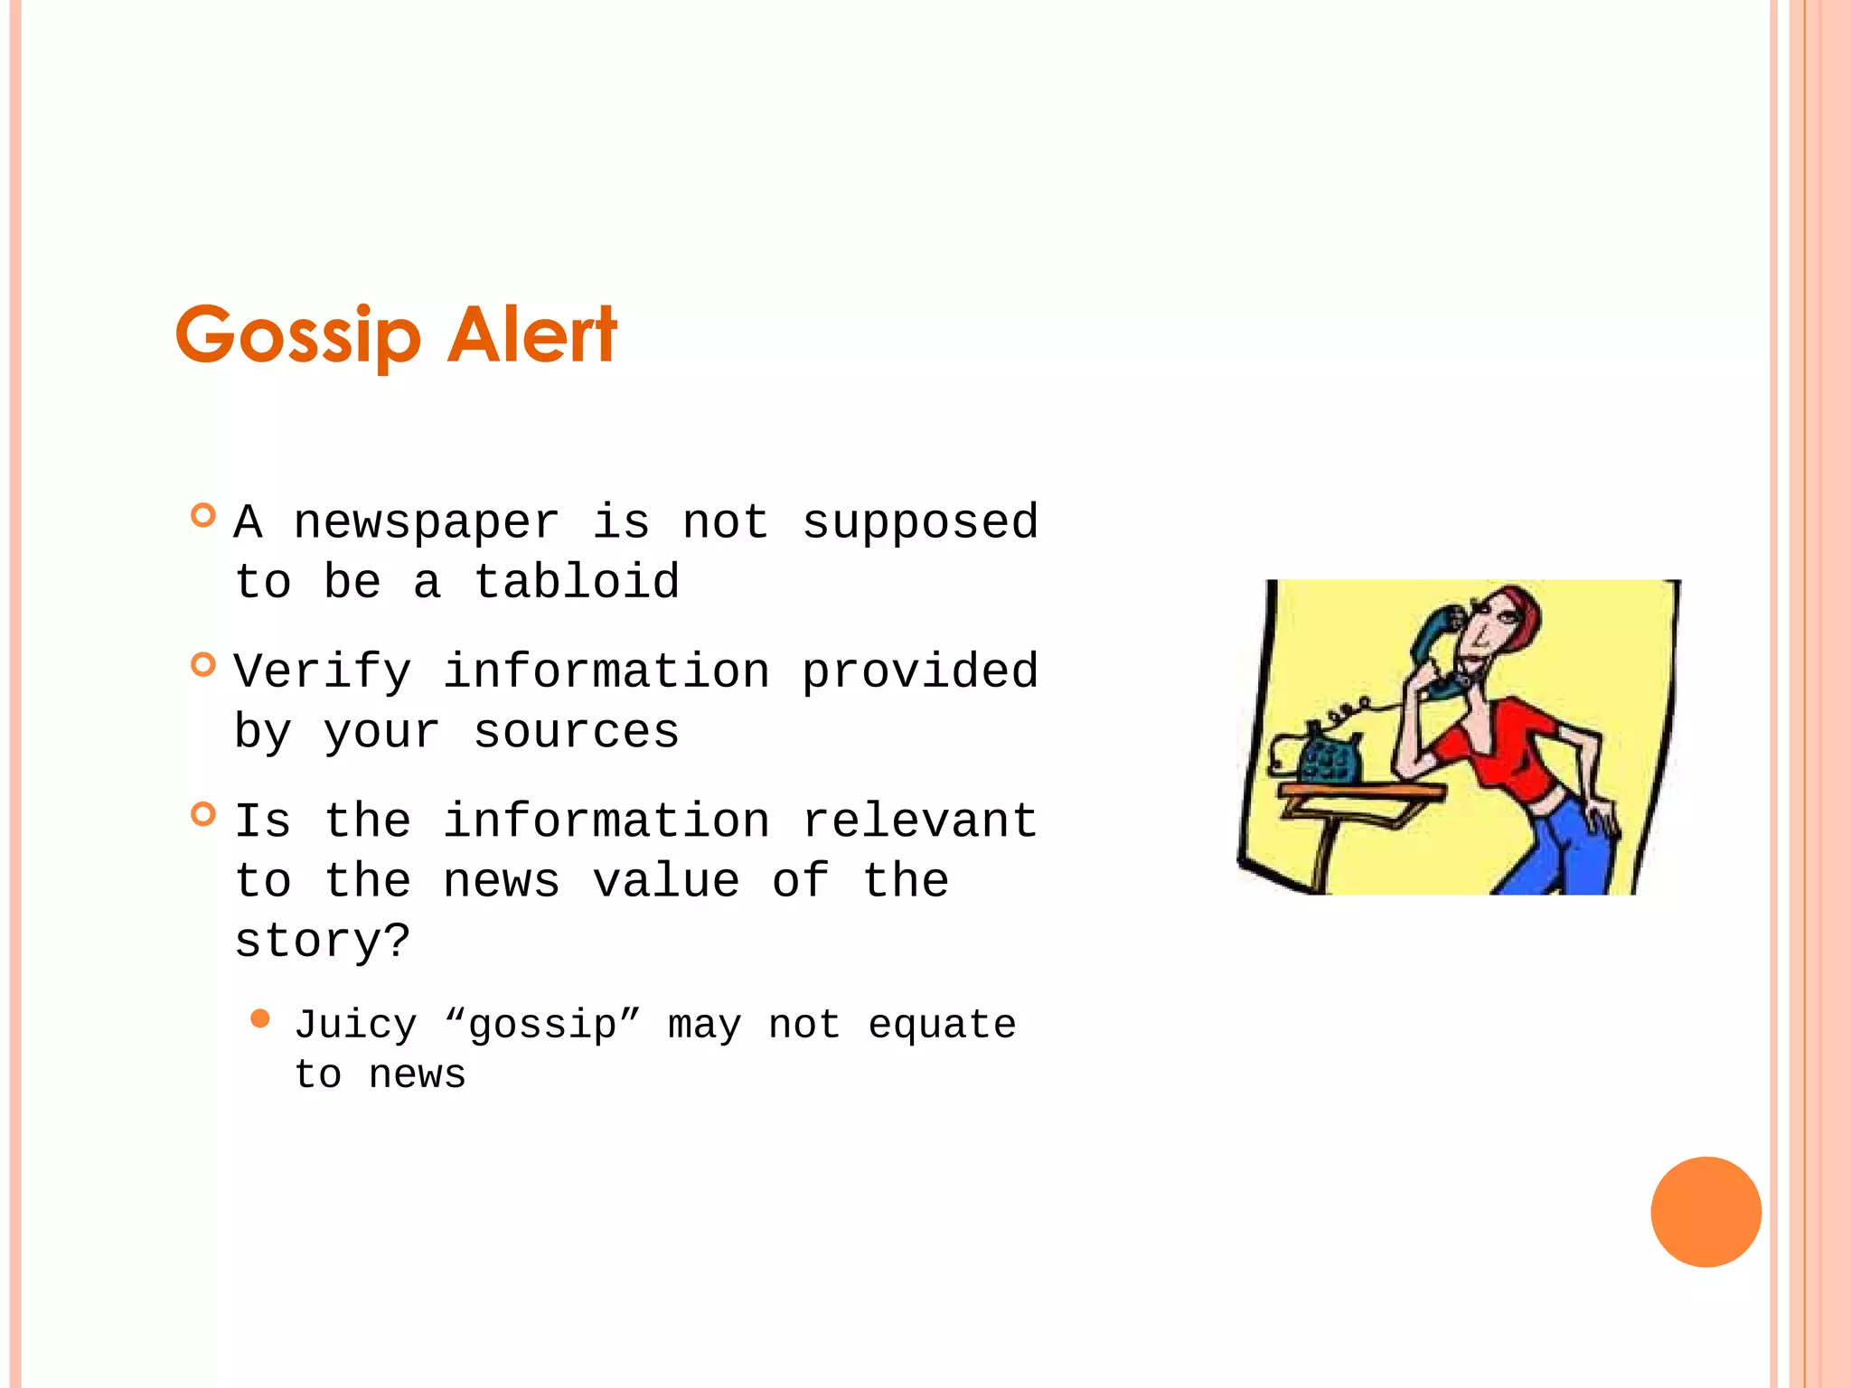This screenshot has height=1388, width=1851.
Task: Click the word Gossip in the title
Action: [x=298, y=336]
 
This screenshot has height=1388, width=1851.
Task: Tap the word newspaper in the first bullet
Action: [x=427, y=523]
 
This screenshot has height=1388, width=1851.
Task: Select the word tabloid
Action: [x=577, y=582]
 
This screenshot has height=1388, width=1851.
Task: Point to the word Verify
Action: [x=323, y=672]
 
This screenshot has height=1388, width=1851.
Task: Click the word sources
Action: [x=577, y=731]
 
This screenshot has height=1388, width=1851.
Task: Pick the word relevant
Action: [x=920, y=821]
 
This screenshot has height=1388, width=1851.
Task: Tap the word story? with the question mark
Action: [x=323, y=942]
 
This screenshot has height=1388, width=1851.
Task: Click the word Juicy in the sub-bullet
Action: [x=356, y=1026]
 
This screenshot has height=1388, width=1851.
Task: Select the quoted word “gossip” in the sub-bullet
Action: [x=543, y=1026]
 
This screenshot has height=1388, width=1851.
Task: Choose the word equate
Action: [x=942, y=1026]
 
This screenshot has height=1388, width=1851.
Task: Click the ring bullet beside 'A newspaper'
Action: [x=204, y=516]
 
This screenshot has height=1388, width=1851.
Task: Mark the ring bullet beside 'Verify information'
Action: [x=204, y=665]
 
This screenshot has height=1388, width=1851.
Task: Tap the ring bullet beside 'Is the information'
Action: [x=204, y=814]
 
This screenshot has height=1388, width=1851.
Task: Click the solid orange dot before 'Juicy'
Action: [x=260, y=1019]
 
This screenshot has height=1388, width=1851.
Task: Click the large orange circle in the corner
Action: [x=1705, y=1212]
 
